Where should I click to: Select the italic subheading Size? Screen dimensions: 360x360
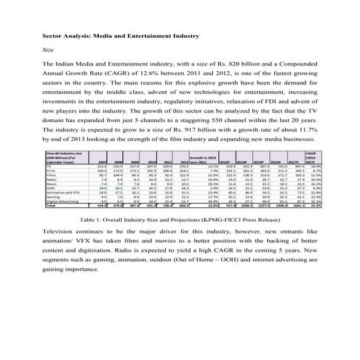coord(49,49)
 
